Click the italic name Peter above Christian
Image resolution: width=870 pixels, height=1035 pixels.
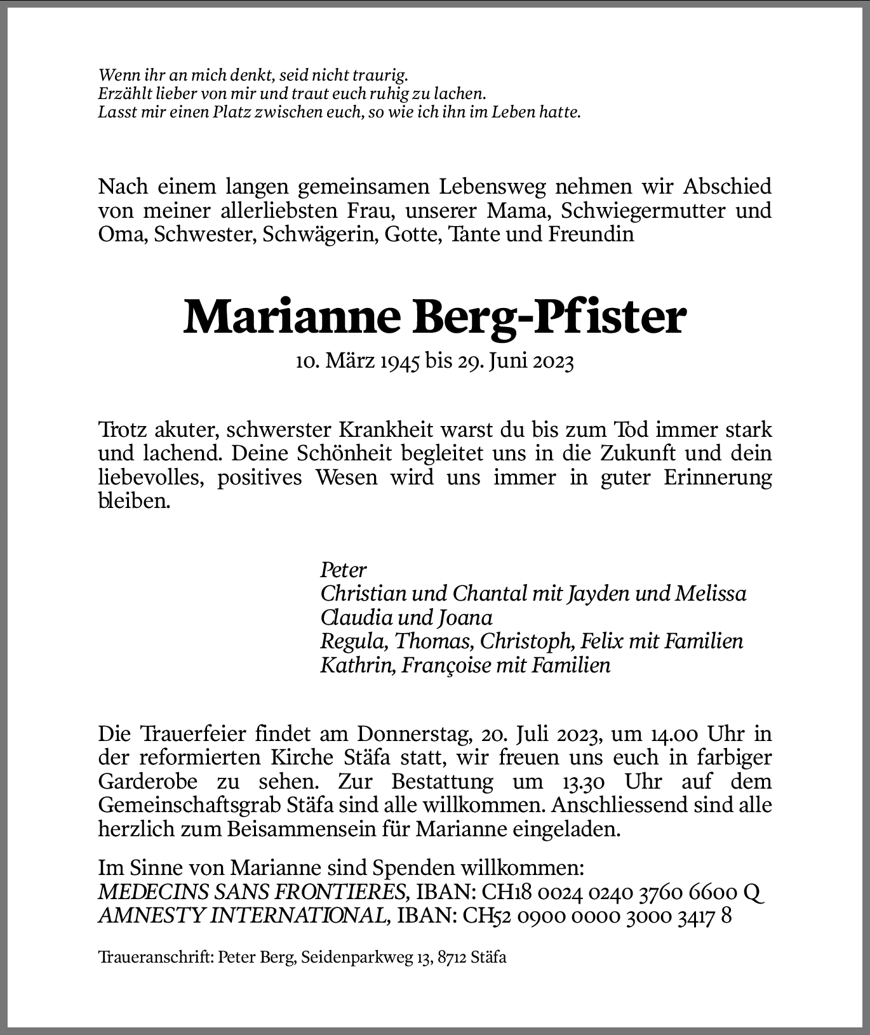[x=344, y=569]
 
